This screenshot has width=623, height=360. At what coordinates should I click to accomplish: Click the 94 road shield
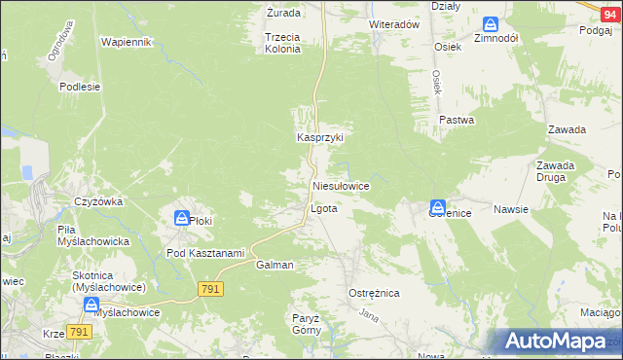tap(609, 7)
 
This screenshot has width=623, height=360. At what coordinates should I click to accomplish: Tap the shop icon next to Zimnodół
tap(490, 23)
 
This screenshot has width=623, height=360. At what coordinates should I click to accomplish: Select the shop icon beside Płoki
tap(181, 218)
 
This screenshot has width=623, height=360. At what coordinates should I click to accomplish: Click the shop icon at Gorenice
tap(438, 206)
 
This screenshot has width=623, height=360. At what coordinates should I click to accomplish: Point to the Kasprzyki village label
tap(320, 138)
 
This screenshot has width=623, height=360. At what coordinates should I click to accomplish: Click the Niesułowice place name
tap(340, 185)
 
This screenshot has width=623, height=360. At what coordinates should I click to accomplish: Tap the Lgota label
tap(323, 209)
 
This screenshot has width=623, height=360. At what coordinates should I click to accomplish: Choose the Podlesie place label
tap(80, 87)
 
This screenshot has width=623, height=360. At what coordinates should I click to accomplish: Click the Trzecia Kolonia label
tap(282, 43)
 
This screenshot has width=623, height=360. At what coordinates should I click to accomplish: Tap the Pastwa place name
tap(456, 121)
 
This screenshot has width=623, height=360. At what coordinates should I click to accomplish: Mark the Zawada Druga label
tap(555, 171)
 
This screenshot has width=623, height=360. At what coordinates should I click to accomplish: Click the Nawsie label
tap(510, 209)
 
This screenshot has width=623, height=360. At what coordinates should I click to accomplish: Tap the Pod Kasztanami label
tap(204, 253)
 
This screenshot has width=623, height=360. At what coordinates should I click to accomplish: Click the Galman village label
tap(275, 265)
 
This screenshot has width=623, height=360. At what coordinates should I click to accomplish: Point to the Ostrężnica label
tap(374, 293)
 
